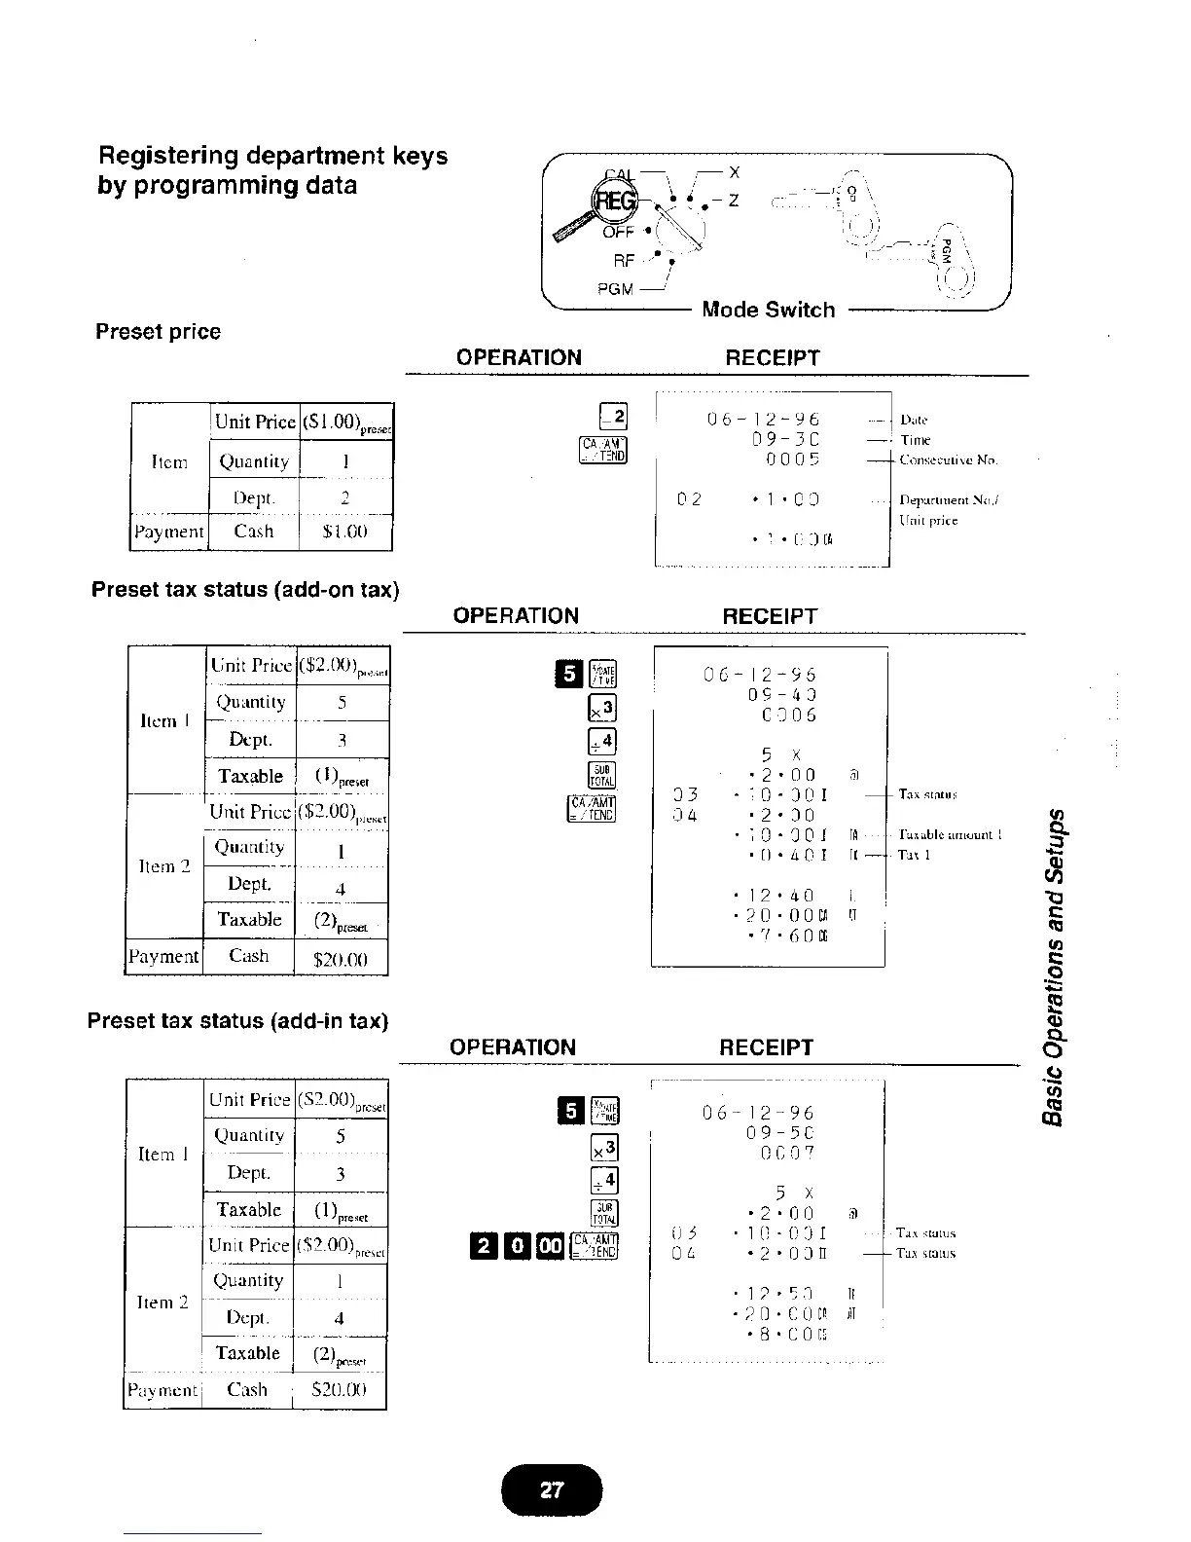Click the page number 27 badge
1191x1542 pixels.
tap(552, 1488)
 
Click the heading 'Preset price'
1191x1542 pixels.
tap(158, 332)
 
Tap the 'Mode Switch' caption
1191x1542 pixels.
tap(768, 310)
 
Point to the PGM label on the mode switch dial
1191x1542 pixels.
tap(615, 289)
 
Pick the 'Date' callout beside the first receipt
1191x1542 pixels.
tap(914, 420)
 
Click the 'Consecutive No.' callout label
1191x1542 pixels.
tap(948, 459)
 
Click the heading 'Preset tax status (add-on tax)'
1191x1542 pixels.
tap(245, 590)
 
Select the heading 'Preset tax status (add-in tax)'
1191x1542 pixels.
tap(237, 1021)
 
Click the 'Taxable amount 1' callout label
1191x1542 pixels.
tap(948, 834)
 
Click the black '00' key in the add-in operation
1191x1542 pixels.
tap(549, 1245)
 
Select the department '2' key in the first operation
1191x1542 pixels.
tap(617, 416)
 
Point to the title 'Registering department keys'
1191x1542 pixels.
tap(272, 156)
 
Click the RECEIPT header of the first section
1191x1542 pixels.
tap(773, 358)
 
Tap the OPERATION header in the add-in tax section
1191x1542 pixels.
tap(513, 1047)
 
